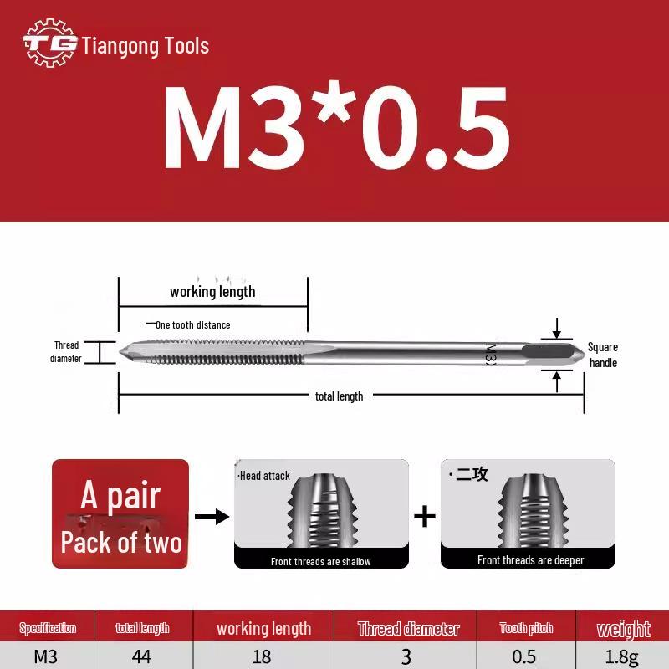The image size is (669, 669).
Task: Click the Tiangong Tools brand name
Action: (x=146, y=46)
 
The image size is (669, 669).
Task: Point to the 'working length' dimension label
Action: (x=212, y=292)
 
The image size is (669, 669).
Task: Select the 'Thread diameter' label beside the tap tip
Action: (x=67, y=352)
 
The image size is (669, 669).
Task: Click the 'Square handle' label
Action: (x=603, y=355)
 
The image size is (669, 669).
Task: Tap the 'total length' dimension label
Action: (x=339, y=396)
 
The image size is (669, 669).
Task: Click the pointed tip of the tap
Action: (x=124, y=351)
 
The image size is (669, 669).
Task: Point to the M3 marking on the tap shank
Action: (x=491, y=353)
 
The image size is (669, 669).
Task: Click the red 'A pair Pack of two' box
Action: (x=120, y=514)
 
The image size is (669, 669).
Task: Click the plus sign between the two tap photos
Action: (x=425, y=516)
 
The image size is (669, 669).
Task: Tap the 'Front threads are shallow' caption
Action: (x=321, y=561)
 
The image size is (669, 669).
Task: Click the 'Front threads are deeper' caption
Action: (x=530, y=560)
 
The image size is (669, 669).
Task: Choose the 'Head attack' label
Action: (x=264, y=476)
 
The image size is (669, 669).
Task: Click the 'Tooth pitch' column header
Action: (x=526, y=628)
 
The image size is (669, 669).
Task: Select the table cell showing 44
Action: (x=141, y=656)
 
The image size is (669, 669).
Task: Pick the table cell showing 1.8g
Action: (x=622, y=656)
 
